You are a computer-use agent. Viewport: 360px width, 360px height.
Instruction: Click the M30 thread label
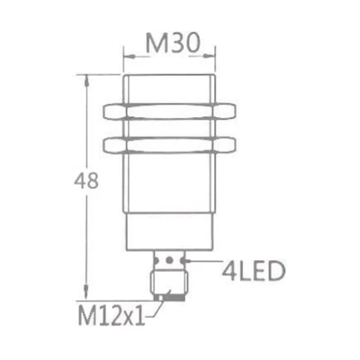click(172, 42)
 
